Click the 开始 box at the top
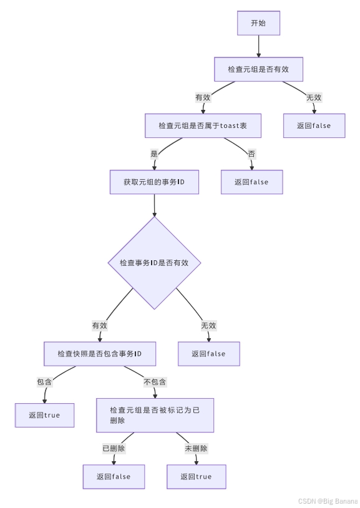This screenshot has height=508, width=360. point(258,23)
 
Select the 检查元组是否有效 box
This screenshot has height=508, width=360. point(258,69)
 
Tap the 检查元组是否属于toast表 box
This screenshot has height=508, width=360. point(202,125)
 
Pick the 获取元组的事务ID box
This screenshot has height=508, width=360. point(153,182)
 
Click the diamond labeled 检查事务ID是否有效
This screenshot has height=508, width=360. point(154,263)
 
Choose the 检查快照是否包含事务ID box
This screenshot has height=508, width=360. point(99,353)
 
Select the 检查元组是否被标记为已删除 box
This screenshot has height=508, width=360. point(155,415)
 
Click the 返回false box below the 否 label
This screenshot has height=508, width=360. point(251,182)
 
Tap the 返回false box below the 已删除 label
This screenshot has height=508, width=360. point(114,476)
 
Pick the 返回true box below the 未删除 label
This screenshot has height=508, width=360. point(196,476)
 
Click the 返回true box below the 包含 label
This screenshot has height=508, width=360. point(44,415)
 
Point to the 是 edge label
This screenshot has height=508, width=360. point(154,154)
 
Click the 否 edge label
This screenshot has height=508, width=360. point(251,154)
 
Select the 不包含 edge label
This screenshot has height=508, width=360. point(155,382)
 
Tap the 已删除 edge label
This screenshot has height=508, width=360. point(114,448)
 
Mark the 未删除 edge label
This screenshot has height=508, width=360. point(196,448)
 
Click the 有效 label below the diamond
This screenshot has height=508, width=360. point(100,325)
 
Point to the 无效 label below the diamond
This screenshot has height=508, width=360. point(208,325)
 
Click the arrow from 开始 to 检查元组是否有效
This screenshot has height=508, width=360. point(258,46)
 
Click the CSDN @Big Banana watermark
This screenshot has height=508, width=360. point(328,501)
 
